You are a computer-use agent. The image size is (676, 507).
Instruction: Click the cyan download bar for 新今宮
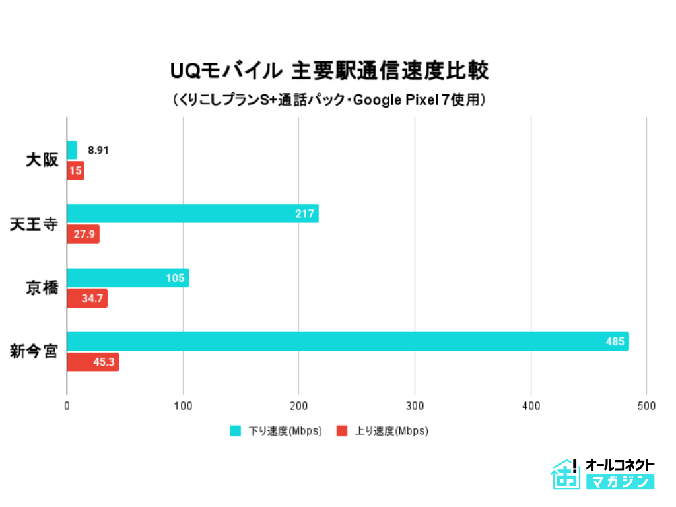348,341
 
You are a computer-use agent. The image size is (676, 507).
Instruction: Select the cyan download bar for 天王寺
193,213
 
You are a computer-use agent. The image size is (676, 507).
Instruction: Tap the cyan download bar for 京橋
128,278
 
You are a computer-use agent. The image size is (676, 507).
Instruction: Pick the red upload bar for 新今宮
93,362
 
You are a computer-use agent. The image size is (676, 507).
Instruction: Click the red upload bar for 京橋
87,298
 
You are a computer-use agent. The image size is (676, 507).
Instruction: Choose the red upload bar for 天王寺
83,234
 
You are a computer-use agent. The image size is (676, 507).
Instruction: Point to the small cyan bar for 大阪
72,150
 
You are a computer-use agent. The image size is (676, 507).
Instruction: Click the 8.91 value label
98,150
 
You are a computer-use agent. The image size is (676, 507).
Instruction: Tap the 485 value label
615,341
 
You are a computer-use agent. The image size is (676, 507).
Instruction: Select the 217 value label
306,213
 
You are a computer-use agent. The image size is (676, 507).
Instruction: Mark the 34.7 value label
92,298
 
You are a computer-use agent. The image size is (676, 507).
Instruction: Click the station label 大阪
42,160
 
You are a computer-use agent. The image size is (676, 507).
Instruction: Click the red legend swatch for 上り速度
342,431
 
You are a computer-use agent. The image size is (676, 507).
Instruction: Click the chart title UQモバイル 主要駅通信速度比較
329,70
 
